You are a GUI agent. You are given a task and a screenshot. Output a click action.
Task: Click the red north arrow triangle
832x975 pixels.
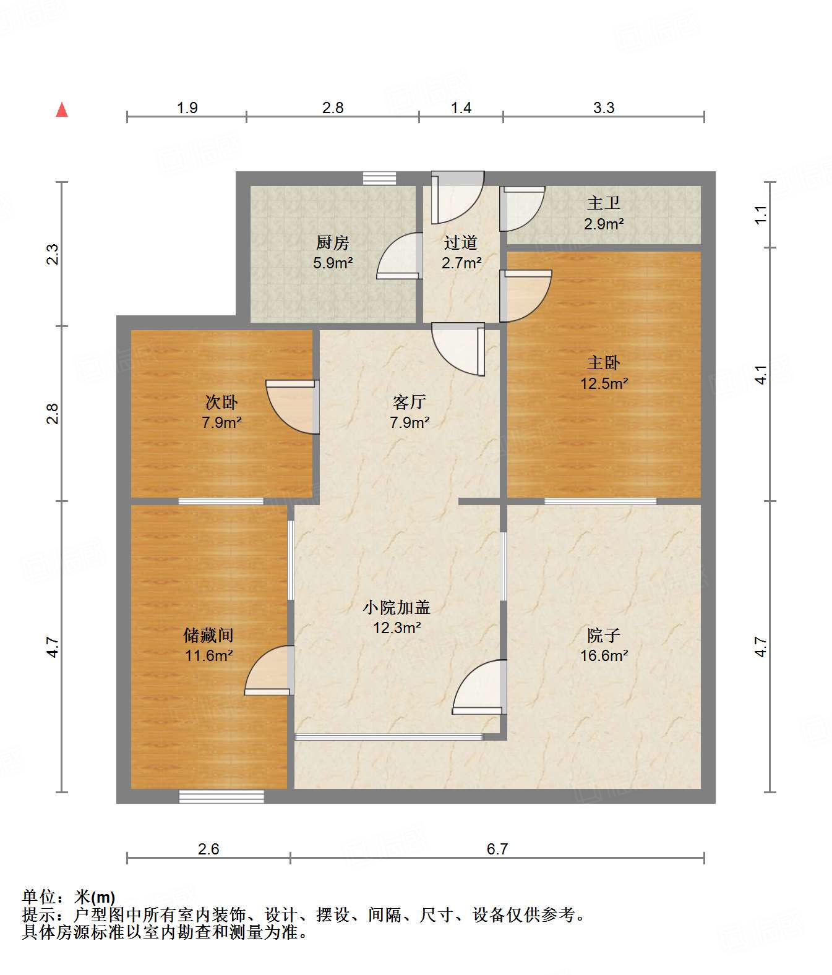[x=62, y=110]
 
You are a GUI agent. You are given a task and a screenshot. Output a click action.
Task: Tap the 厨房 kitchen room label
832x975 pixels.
[x=333, y=242]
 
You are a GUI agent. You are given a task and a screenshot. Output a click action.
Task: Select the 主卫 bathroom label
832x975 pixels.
[x=603, y=203]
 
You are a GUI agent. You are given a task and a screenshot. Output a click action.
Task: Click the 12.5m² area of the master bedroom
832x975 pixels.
[x=604, y=383]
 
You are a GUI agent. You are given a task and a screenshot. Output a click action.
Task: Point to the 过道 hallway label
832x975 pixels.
[x=461, y=242]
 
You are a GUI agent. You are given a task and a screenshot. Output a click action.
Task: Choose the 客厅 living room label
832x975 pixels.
[x=409, y=402]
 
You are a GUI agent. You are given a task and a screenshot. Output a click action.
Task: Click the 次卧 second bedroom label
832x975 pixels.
[x=221, y=402]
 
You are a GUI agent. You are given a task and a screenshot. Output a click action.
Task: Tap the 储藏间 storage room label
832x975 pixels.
[x=208, y=635]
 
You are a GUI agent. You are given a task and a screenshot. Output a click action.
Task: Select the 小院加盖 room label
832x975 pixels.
[x=397, y=607]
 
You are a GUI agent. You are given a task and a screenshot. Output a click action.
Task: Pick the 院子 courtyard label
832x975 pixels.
[x=604, y=635]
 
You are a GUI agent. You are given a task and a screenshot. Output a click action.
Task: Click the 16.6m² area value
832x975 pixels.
[x=604, y=655]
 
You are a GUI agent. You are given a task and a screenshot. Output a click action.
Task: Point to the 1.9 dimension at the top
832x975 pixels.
[x=187, y=108]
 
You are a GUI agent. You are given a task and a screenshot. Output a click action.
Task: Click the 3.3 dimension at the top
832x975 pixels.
[x=604, y=108]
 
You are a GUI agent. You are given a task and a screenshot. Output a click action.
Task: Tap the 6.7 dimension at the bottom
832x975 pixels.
[x=497, y=849]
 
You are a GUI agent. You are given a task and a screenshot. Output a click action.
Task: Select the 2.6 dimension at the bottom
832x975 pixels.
[x=208, y=849]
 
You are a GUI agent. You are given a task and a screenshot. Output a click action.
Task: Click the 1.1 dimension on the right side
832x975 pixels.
[x=761, y=215]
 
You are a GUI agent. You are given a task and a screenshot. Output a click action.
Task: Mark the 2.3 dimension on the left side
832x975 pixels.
[x=53, y=254]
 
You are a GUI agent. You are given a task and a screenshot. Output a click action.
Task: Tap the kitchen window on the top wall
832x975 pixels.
[x=379, y=178]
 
